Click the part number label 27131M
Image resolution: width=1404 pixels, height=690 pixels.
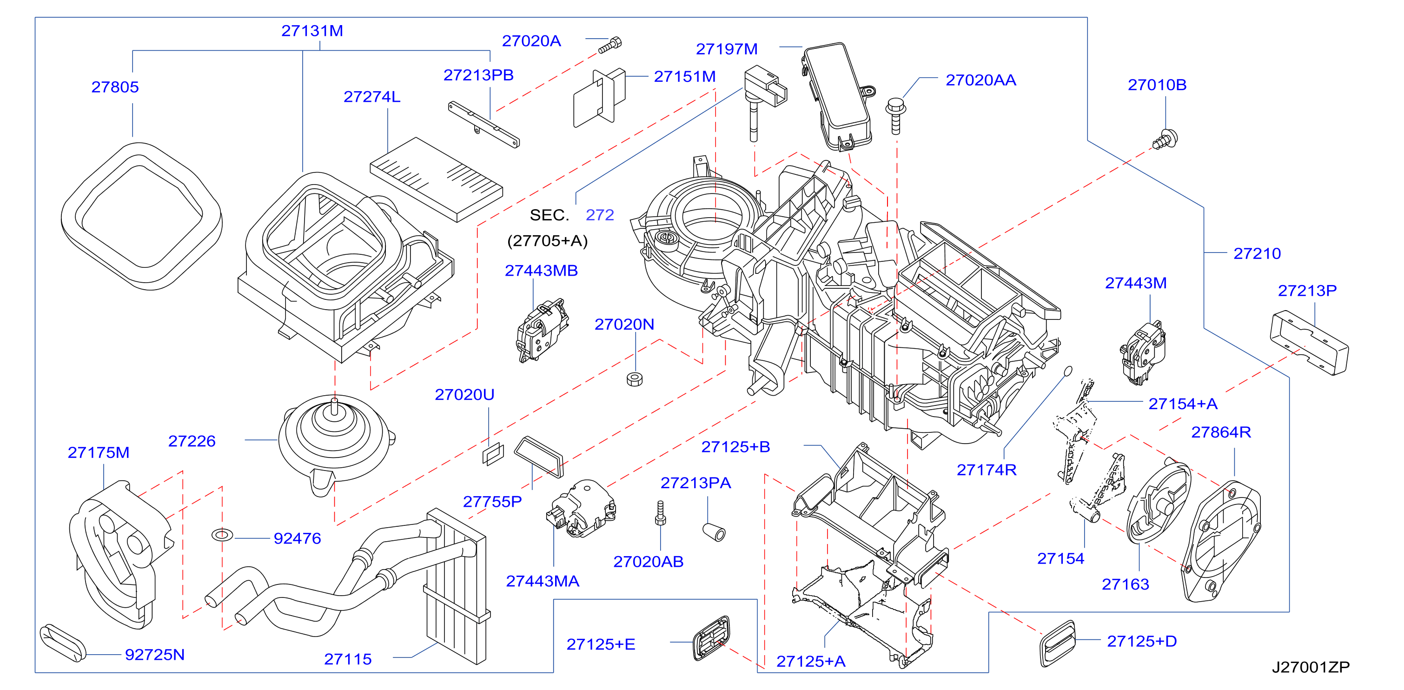click(x=312, y=31)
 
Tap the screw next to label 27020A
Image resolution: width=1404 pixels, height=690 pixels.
click(x=610, y=45)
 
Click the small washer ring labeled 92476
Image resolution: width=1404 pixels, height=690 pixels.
click(x=222, y=535)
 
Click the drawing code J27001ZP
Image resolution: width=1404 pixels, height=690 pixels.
click(x=1311, y=667)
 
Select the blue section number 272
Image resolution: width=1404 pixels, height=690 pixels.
click(x=600, y=215)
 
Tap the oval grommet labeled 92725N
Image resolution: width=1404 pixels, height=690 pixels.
click(x=63, y=643)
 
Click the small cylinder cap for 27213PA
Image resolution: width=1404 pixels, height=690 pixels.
click(x=714, y=532)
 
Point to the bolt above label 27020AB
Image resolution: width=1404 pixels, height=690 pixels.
click(x=661, y=513)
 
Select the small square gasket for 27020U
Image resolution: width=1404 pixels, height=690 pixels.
click(x=493, y=454)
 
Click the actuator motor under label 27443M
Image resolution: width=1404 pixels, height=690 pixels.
click(x=1143, y=352)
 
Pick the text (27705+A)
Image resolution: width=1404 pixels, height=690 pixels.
click(x=547, y=241)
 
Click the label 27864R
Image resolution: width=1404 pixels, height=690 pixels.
click(x=1221, y=432)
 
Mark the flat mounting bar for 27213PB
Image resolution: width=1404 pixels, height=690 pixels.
click(x=483, y=124)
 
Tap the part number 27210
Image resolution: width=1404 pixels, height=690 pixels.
click(x=1257, y=253)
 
